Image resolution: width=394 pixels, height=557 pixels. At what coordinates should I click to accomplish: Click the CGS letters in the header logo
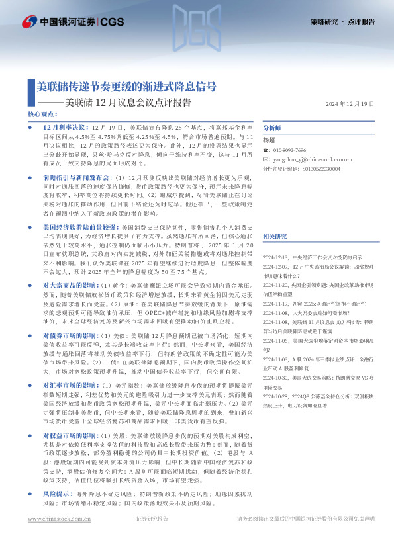[x=112, y=22]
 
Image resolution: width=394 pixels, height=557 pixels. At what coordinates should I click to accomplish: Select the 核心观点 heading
[x=42, y=114]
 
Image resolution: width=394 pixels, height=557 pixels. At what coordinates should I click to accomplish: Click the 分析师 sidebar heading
[x=272, y=128]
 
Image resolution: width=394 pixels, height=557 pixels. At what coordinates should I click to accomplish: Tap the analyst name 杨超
[x=269, y=140]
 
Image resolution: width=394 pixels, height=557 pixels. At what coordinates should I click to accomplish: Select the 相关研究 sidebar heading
[x=274, y=236]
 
